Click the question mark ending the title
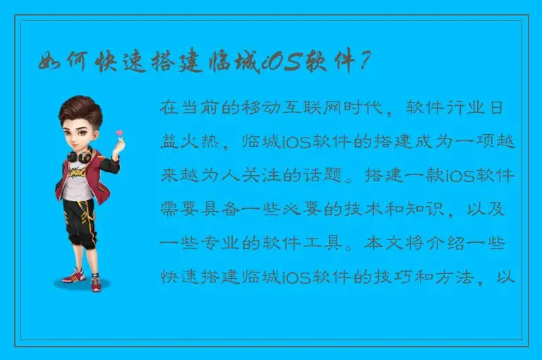click(x=364, y=63)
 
